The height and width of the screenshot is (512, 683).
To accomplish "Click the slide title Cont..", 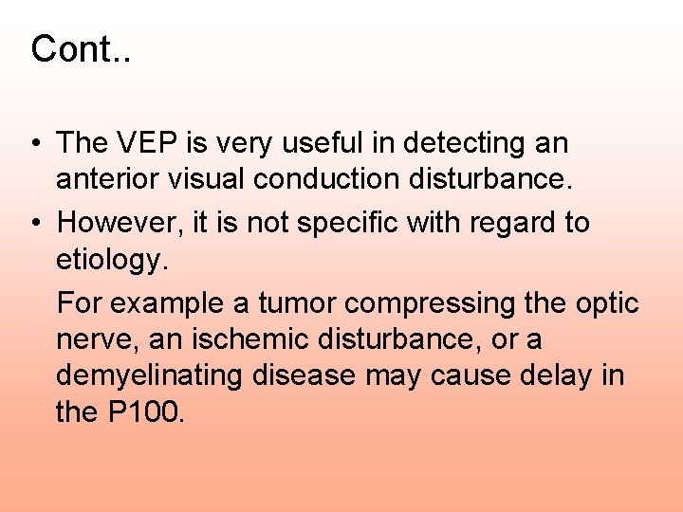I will click(80, 49).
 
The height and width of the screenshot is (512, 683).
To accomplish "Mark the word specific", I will click(365, 224).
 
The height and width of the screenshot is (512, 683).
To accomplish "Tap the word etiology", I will click(111, 260).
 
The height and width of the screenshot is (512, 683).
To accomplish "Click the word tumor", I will click(298, 303).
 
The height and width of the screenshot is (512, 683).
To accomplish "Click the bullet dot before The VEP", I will click(33, 144).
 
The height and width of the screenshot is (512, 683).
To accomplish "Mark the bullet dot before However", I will click(33, 224).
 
